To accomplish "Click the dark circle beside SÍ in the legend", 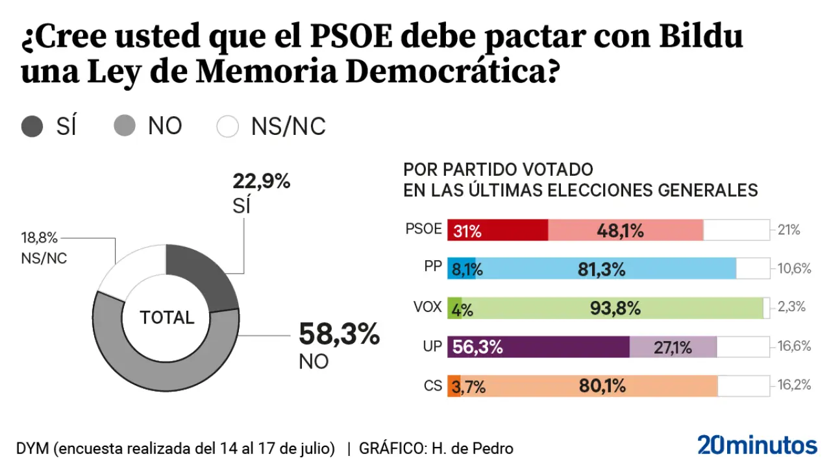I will pyautogui.click(x=32, y=126).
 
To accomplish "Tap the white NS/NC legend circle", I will pyautogui.click(x=228, y=126).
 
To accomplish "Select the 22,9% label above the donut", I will pyautogui.click(x=261, y=182).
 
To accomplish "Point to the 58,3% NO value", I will pyautogui.click(x=338, y=335).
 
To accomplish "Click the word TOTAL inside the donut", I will pyautogui.click(x=167, y=317).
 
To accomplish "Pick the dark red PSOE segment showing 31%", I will pyautogui.click(x=497, y=230).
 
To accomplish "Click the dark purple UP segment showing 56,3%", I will pyautogui.click(x=538, y=347).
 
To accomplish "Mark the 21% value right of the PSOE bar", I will pyautogui.click(x=789, y=230).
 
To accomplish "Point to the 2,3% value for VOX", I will pyautogui.click(x=791, y=307).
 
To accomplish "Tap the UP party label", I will pyautogui.click(x=432, y=346).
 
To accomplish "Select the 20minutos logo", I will pyautogui.click(x=757, y=445).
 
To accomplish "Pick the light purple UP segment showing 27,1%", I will pyautogui.click(x=673, y=347).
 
